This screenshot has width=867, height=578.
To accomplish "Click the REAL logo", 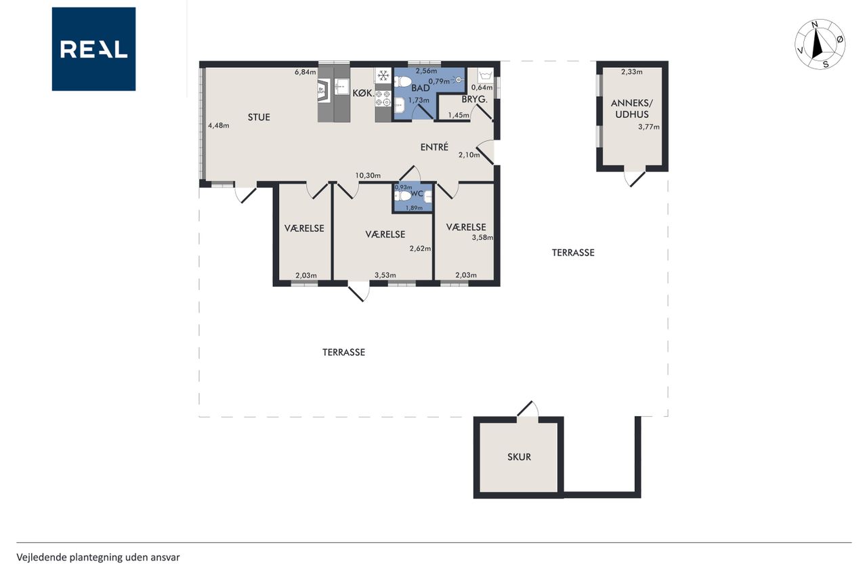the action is [x=93, y=49].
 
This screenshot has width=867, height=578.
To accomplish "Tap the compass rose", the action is [x=820, y=44].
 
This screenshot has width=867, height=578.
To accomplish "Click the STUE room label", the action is [x=259, y=117].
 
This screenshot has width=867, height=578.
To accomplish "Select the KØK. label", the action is [x=363, y=94].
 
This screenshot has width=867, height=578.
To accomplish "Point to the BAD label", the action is [x=421, y=88].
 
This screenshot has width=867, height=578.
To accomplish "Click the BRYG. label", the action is [x=475, y=100].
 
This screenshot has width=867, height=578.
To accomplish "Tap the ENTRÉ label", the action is [x=434, y=147].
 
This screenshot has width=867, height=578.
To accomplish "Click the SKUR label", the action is [x=519, y=457].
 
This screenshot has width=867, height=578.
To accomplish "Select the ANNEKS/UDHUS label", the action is [x=632, y=109].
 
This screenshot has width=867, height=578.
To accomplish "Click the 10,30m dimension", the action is [x=368, y=176].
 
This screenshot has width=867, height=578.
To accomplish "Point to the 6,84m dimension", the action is [x=305, y=72].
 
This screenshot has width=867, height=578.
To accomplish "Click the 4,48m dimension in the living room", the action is [x=218, y=125].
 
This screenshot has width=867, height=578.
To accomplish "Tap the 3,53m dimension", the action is [x=385, y=275].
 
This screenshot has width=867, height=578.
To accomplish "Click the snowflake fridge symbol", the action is [x=383, y=75].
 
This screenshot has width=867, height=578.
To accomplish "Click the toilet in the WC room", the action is [x=403, y=196].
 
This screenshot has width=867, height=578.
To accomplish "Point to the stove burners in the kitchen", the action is [x=383, y=98].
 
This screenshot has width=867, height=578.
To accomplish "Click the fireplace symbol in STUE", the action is [x=324, y=91].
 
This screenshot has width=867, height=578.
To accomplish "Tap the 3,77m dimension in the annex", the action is [x=649, y=127].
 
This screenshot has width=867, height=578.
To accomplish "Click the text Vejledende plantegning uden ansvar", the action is [x=98, y=558].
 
